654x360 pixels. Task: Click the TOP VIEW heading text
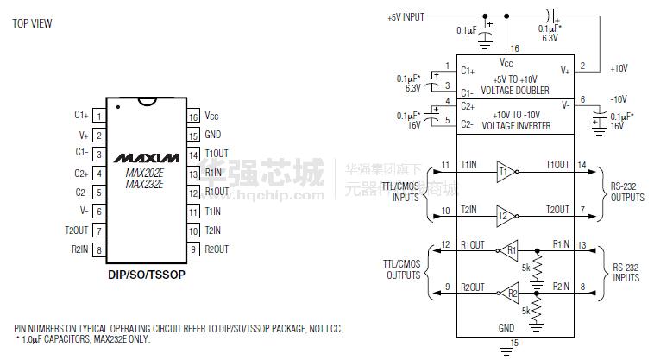point(32,23)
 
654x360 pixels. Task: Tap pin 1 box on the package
point(99,116)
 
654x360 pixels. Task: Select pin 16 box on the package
point(193,116)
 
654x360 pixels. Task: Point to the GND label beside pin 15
point(212,135)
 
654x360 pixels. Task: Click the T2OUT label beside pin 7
point(76,231)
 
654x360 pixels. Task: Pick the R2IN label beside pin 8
point(80,249)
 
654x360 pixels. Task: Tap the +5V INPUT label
point(407,16)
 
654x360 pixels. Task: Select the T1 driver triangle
point(505,171)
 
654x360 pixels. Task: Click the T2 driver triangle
point(505,215)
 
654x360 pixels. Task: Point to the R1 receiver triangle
point(509,251)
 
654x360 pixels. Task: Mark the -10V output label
point(619,98)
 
